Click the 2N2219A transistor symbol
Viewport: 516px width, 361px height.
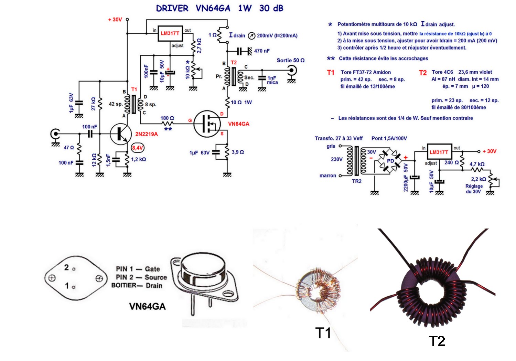click(121, 134)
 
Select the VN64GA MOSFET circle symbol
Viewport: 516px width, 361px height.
click(206, 124)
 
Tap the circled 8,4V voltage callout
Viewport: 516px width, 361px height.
click(138, 148)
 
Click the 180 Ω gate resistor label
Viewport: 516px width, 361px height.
click(167, 118)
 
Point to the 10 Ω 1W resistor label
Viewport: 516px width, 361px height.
click(241, 102)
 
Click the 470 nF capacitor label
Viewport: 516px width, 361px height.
click(262, 51)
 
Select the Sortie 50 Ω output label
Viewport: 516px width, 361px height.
click(290, 60)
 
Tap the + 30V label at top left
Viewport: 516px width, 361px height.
click(115, 20)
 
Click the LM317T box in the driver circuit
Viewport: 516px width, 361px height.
click(170, 33)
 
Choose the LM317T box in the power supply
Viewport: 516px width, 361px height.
click(439, 152)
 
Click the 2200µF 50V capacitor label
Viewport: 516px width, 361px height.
click(406, 178)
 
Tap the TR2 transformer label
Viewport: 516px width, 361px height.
click(357, 181)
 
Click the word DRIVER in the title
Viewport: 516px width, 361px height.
click(172, 8)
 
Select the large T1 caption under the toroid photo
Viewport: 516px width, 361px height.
click(323, 333)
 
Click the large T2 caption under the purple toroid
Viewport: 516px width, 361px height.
click(437, 341)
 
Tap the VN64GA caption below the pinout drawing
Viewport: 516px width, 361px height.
click(147, 306)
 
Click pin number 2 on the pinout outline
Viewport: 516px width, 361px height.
click(67, 267)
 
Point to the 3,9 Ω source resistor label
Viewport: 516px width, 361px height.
click(238, 152)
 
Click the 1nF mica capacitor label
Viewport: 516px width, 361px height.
click(272, 80)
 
